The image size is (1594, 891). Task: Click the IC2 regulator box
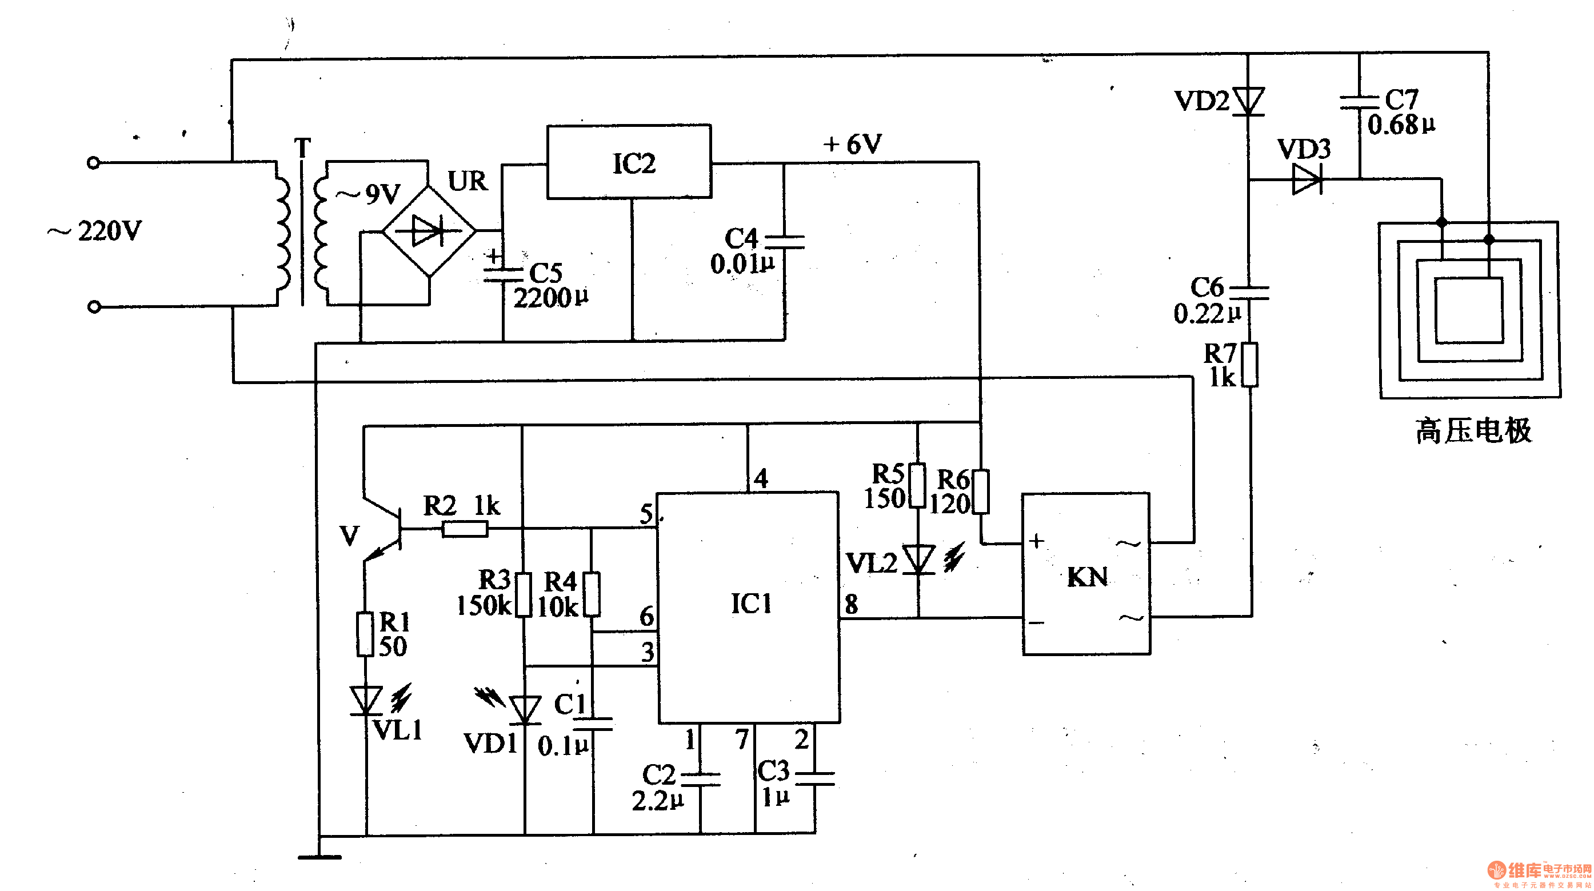[x=629, y=162]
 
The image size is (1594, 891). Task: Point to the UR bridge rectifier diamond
[x=429, y=231]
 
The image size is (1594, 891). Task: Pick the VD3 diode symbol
[x=1307, y=179]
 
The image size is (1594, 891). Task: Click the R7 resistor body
[x=1251, y=365]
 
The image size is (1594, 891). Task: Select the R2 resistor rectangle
[x=465, y=529]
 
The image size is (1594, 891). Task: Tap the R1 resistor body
[x=365, y=634]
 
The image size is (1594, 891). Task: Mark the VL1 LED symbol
[x=366, y=702]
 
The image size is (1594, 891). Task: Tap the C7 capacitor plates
[x=1360, y=103]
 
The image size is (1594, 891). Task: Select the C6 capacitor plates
[x=1249, y=293]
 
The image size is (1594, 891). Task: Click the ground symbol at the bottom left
[x=319, y=857]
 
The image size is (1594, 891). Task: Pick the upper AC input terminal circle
[x=93, y=163]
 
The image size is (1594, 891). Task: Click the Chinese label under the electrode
[x=1473, y=431]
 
